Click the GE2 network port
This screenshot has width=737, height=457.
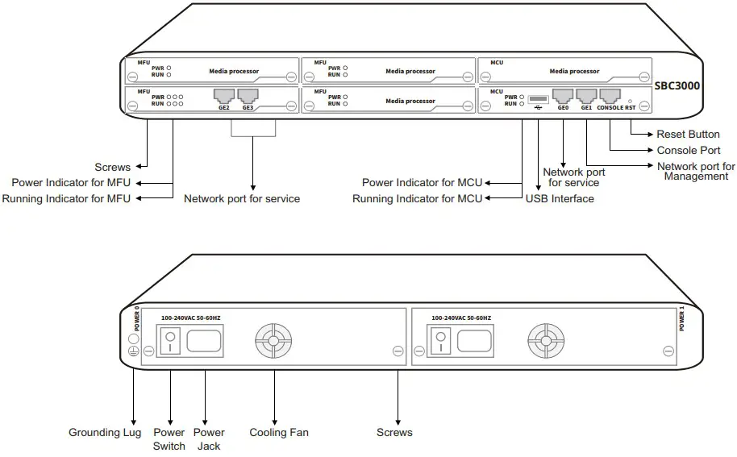coord(223,97)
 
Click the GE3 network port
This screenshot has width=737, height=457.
coord(247,97)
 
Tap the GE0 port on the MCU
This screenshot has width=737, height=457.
coord(563,97)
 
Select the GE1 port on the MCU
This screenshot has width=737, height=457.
coord(586,97)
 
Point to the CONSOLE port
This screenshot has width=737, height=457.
coord(610,97)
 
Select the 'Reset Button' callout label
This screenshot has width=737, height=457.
coord(688,135)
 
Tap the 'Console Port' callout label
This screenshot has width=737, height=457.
coord(688,150)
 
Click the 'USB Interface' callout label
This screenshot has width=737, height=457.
coord(560,199)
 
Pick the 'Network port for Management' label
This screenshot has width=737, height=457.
coord(696,171)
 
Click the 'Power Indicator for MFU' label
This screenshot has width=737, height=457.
coord(71,183)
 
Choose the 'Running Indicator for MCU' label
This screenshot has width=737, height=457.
coord(417,199)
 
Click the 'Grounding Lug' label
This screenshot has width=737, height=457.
coord(105,433)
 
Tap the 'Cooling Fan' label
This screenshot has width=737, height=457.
coord(279,433)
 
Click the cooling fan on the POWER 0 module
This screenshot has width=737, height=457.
coord(273,342)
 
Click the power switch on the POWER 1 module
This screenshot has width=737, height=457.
coord(441,344)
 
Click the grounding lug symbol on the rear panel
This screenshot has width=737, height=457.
coord(134,351)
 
